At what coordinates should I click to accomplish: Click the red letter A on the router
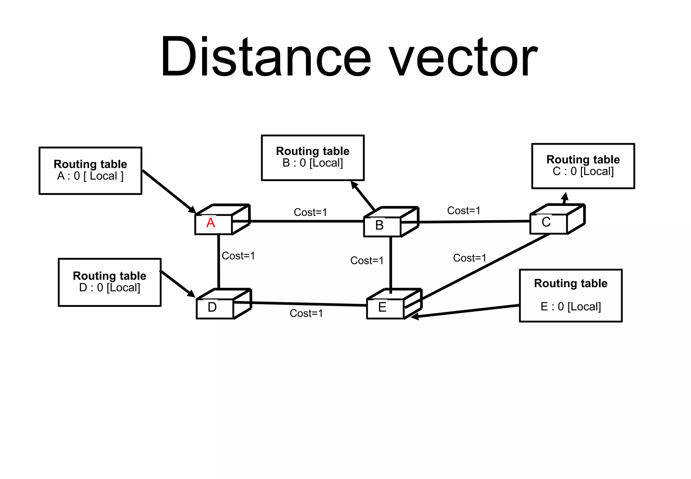point(211,223)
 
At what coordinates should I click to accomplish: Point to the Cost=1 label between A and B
point(310,212)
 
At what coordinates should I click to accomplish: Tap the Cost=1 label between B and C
point(464,211)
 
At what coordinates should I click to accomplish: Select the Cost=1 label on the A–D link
point(238,256)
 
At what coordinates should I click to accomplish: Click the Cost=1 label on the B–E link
point(367,261)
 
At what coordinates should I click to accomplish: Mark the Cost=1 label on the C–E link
point(470,258)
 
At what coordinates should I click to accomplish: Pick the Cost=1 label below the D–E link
point(306,313)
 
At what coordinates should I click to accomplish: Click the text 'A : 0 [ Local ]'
point(90,176)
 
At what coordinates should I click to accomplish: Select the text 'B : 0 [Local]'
point(313,163)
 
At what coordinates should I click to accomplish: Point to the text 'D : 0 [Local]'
point(110,288)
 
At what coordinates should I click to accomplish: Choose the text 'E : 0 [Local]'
point(571,307)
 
